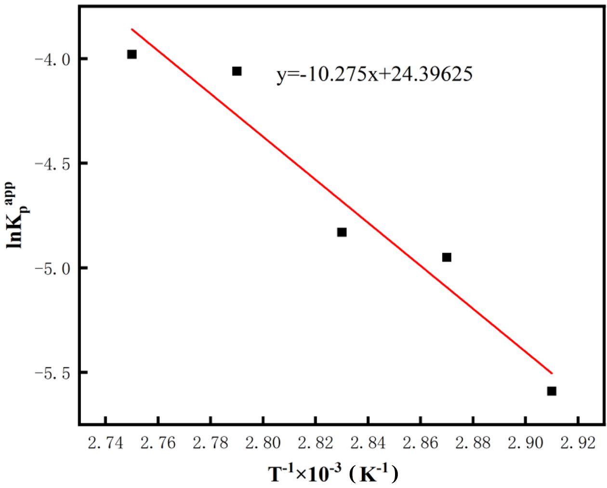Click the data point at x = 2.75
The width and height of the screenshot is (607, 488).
[132, 54]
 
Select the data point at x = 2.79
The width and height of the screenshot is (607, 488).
[237, 71]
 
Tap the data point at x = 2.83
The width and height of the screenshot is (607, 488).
[342, 232]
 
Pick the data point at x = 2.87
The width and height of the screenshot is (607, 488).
[447, 257]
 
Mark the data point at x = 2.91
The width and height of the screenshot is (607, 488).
[552, 391]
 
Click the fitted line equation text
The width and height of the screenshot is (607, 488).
[374, 75]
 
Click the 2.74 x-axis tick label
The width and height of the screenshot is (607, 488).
[106, 443]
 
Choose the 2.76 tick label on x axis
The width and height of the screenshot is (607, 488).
[158, 443]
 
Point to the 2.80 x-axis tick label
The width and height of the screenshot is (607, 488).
[263, 443]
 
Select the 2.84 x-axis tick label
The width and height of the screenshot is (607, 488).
[368, 443]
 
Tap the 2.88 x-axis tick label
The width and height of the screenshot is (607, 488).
[473, 443]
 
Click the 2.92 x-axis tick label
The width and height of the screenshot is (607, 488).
[578, 443]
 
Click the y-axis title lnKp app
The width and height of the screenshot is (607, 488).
[18, 214]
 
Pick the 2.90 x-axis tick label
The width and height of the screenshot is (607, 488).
[525, 443]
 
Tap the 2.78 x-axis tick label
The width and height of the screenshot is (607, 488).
[211, 443]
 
